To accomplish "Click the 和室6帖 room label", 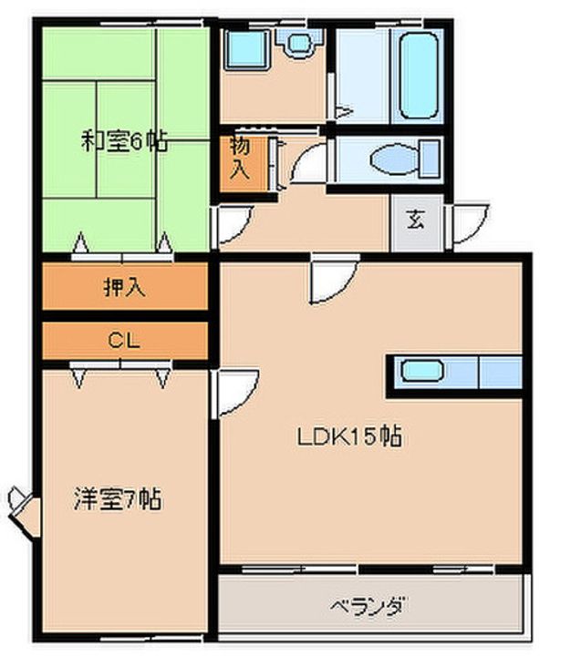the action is coord(124,142).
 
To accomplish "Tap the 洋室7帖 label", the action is coord(118,498).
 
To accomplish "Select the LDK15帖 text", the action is coord(349,436).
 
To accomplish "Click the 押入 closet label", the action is coord(124,287).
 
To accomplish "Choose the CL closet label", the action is coord(123,341).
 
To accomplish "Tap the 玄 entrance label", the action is coord(416,220).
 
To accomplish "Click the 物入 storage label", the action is coord(241,159).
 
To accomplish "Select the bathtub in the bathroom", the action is coord(419,76).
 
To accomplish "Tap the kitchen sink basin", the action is coord(422,371).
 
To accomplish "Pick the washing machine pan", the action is coord(247,49).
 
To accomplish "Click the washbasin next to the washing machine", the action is coord(300,43).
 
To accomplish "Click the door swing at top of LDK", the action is coord(333,279).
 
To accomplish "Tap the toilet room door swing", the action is coord(308,163).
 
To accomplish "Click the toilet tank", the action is coord(431,159).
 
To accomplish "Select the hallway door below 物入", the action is coord(233,226).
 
